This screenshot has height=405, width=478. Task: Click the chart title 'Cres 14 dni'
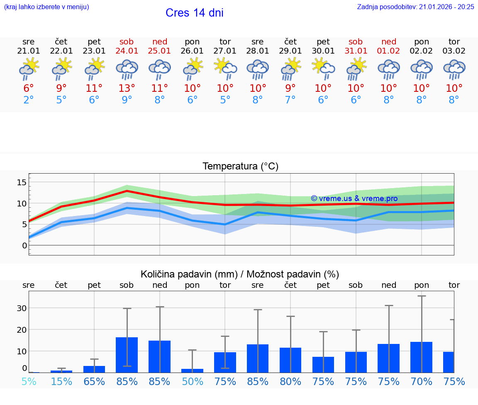194,13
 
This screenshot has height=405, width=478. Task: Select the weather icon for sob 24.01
127,69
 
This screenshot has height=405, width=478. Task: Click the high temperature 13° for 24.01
127,88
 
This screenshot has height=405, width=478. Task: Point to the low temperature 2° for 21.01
29,100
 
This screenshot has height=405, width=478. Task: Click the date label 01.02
389,51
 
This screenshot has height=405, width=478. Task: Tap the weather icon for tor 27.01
225,69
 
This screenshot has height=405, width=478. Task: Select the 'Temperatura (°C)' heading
240,167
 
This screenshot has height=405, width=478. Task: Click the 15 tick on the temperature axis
22,182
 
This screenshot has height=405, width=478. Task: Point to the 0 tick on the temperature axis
24,245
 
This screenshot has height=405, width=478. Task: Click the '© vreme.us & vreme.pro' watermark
354,199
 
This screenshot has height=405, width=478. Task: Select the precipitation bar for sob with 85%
127,355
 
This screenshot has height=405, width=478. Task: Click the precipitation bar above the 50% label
192,371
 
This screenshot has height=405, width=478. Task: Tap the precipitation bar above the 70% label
422,357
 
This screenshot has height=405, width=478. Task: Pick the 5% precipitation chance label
29,381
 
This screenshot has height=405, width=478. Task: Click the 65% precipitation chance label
94,381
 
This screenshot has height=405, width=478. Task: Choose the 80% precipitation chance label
290,381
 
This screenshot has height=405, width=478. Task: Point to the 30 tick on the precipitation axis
22,308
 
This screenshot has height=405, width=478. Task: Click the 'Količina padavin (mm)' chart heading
240,274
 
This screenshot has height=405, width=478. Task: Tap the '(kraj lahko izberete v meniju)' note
46,7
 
